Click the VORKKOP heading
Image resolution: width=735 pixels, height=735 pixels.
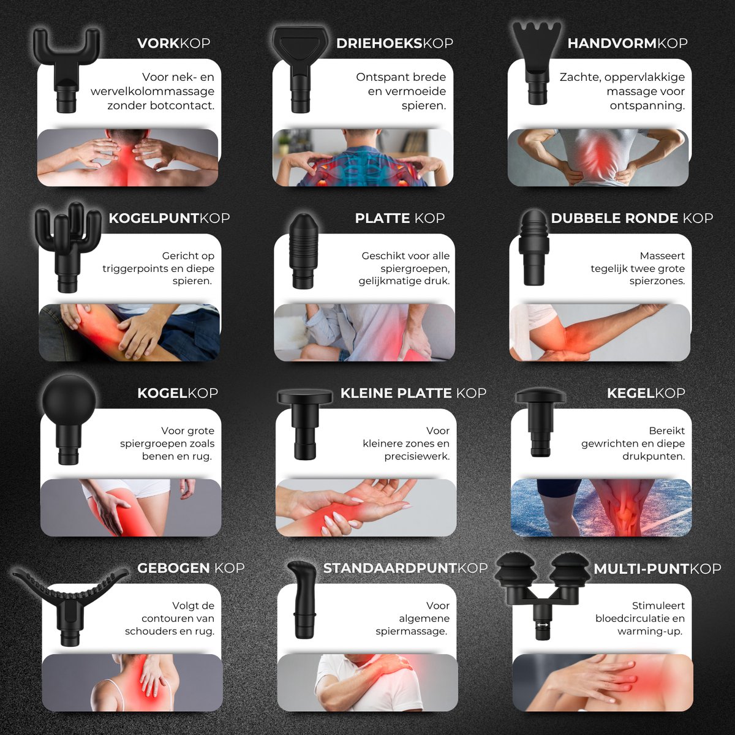click(173, 43)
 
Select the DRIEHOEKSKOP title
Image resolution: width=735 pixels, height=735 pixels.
click(394, 43)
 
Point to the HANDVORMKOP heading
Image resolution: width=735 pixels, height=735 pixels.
click(627, 43)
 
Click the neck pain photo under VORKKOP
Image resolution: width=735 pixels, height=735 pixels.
click(128, 157)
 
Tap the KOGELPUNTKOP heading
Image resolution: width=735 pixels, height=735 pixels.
click(169, 218)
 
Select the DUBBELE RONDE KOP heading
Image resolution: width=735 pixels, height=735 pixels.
click(632, 218)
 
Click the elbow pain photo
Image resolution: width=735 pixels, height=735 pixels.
click(600, 333)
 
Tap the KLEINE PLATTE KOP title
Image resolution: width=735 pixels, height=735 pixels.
click(413, 393)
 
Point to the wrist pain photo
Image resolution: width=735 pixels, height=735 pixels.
click(366, 508)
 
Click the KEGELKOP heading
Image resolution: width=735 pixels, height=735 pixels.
click(646, 393)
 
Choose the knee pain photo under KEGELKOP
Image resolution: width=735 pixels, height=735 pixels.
click(601, 508)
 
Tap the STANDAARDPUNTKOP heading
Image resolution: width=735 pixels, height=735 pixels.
click(405, 568)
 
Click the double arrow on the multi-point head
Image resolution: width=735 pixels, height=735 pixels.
click(542, 625)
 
